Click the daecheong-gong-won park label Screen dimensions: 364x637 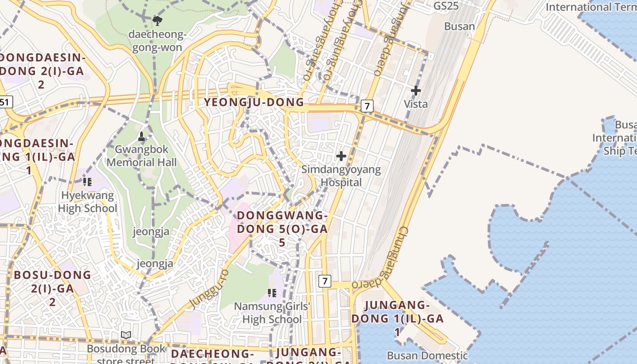157,41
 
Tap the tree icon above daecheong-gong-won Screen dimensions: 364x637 157,20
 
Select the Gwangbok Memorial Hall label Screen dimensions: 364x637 142,156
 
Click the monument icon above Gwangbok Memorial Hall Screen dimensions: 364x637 142,136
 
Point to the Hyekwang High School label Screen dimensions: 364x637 87,202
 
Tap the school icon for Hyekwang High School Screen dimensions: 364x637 87,182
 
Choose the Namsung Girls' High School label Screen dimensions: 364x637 272,313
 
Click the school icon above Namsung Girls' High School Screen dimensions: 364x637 272,293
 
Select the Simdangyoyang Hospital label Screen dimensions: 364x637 341,176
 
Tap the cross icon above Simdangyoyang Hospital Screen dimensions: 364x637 341,156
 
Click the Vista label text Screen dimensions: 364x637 416,104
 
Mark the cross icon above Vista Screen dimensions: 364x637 416,91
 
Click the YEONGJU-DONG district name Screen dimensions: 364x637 253,102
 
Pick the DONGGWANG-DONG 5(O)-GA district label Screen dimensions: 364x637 282,228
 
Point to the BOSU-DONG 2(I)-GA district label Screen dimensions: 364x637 52,288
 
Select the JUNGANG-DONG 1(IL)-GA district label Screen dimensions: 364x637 397,318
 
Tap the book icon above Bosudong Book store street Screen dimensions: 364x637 126,335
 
